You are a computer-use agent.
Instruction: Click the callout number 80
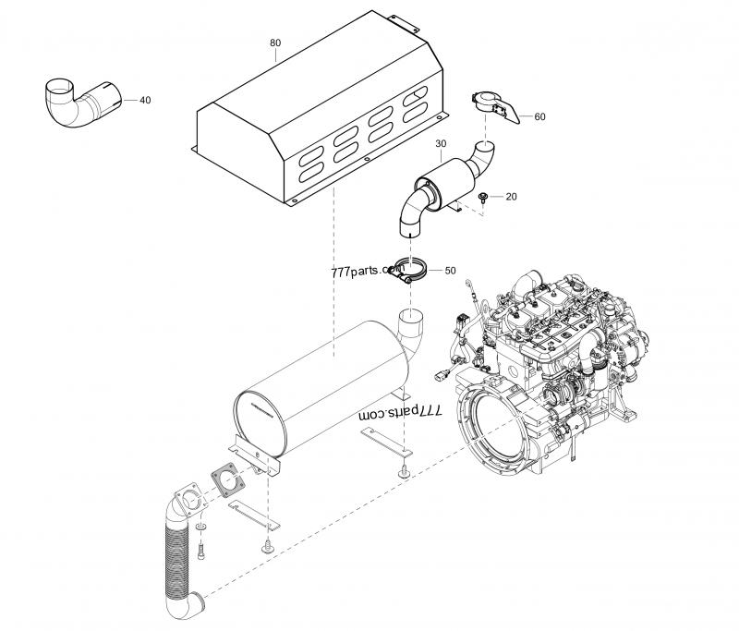pyautogui.click(x=275, y=42)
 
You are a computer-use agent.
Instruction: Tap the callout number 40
pyautogui.click(x=145, y=100)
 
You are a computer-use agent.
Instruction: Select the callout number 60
pyautogui.click(x=540, y=116)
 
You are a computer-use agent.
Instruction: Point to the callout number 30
pyautogui.click(x=440, y=144)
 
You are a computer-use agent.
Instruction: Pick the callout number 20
pyautogui.click(x=511, y=197)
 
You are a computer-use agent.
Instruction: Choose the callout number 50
pyautogui.click(x=450, y=271)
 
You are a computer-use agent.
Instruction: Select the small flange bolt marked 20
pyautogui.click(x=484, y=197)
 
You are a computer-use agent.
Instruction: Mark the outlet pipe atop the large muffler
pyautogui.click(x=410, y=328)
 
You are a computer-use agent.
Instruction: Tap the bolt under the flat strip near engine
pyautogui.click(x=404, y=472)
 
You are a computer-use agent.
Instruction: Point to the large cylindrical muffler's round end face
pyautogui.click(x=262, y=423)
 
